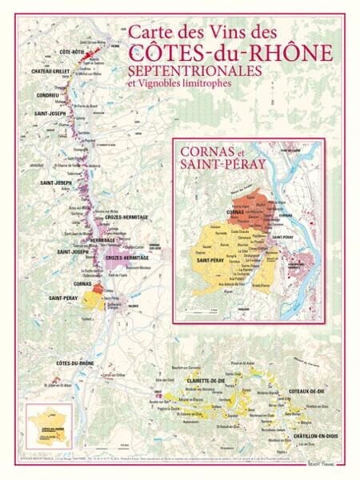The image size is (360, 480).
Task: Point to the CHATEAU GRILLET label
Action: click(x=52, y=71)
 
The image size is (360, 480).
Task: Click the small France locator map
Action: click(x=48, y=428)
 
